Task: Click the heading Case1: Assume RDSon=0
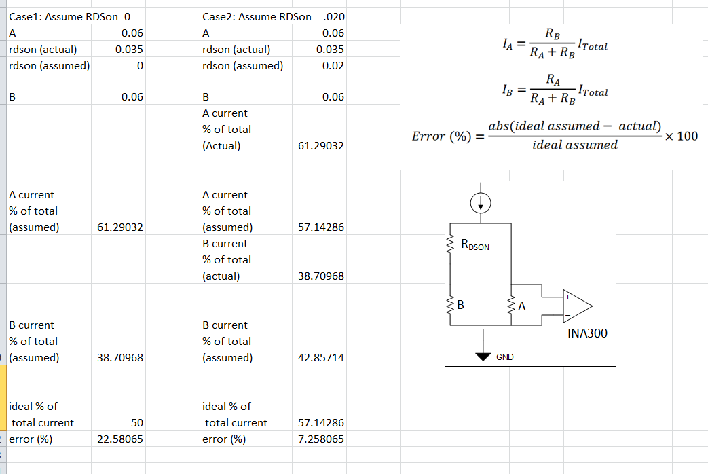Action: [69, 16]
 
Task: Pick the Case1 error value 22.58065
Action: [120, 439]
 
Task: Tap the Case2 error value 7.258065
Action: [321, 439]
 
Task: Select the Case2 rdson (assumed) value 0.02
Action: [333, 66]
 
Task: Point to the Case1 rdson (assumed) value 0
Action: [139, 66]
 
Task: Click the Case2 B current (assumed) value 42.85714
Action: [321, 357]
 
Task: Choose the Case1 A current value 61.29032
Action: [120, 227]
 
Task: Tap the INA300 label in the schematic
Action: [587, 333]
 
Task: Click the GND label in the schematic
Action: [504, 357]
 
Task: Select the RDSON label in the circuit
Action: [474, 245]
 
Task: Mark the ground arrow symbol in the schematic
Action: [483, 355]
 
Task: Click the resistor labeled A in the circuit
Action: [511, 306]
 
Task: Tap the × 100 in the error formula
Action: [682, 136]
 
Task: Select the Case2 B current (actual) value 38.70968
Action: [321, 276]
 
